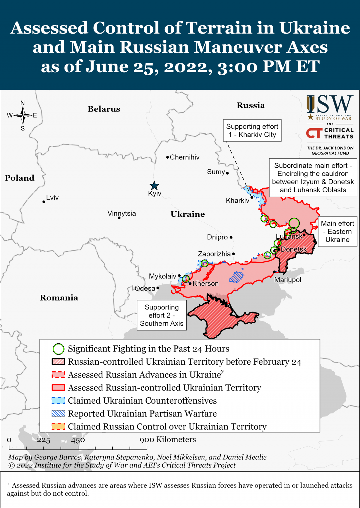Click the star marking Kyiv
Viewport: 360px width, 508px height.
(154, 185)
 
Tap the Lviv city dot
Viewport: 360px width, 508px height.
(44, 202)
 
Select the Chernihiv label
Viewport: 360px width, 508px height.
(184, 157)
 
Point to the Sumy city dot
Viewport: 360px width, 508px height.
(227, 173)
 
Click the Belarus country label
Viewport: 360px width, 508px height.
(104, 109)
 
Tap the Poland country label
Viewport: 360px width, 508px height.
(19, 178)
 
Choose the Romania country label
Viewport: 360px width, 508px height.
(59, 297)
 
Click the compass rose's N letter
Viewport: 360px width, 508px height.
(22, 103)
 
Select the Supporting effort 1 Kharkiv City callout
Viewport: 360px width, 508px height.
(252, 130)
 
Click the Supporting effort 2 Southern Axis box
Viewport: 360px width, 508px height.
(162, 315)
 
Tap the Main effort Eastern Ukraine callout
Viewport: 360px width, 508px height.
(337, 231)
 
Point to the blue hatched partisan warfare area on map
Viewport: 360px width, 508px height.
(237, 277)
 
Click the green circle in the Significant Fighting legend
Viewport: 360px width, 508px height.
(58, 349)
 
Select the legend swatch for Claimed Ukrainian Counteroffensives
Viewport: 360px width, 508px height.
(58, 400)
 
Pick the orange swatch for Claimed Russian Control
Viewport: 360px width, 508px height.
(58, 426)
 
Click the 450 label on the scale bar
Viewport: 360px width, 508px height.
(78, 440)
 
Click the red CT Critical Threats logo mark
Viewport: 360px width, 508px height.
(314, 133)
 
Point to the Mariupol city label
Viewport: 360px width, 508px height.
(288, 279)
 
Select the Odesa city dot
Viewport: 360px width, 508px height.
(158, 288)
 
